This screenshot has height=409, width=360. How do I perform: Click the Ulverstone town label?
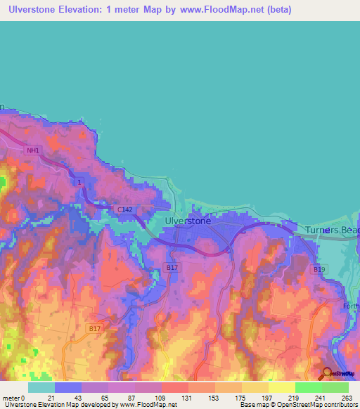click(187, 221)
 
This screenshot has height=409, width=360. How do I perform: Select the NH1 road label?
click(32, 150)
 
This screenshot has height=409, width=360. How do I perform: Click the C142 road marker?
click(125, 209)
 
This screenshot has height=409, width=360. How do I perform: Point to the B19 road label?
click(320, 269)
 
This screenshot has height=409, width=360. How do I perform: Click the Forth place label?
click(352, 306)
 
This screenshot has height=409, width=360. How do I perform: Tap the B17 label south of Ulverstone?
click(171, 267)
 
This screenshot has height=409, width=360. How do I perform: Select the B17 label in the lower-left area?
click(96, 327)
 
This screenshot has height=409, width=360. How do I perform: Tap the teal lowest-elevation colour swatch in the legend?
click(41, 387)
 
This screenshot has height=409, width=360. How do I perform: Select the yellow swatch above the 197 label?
click(255, 387)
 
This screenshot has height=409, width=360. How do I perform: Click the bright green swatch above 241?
click(308, 387)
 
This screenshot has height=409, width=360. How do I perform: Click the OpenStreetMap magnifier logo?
click(328, 374)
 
